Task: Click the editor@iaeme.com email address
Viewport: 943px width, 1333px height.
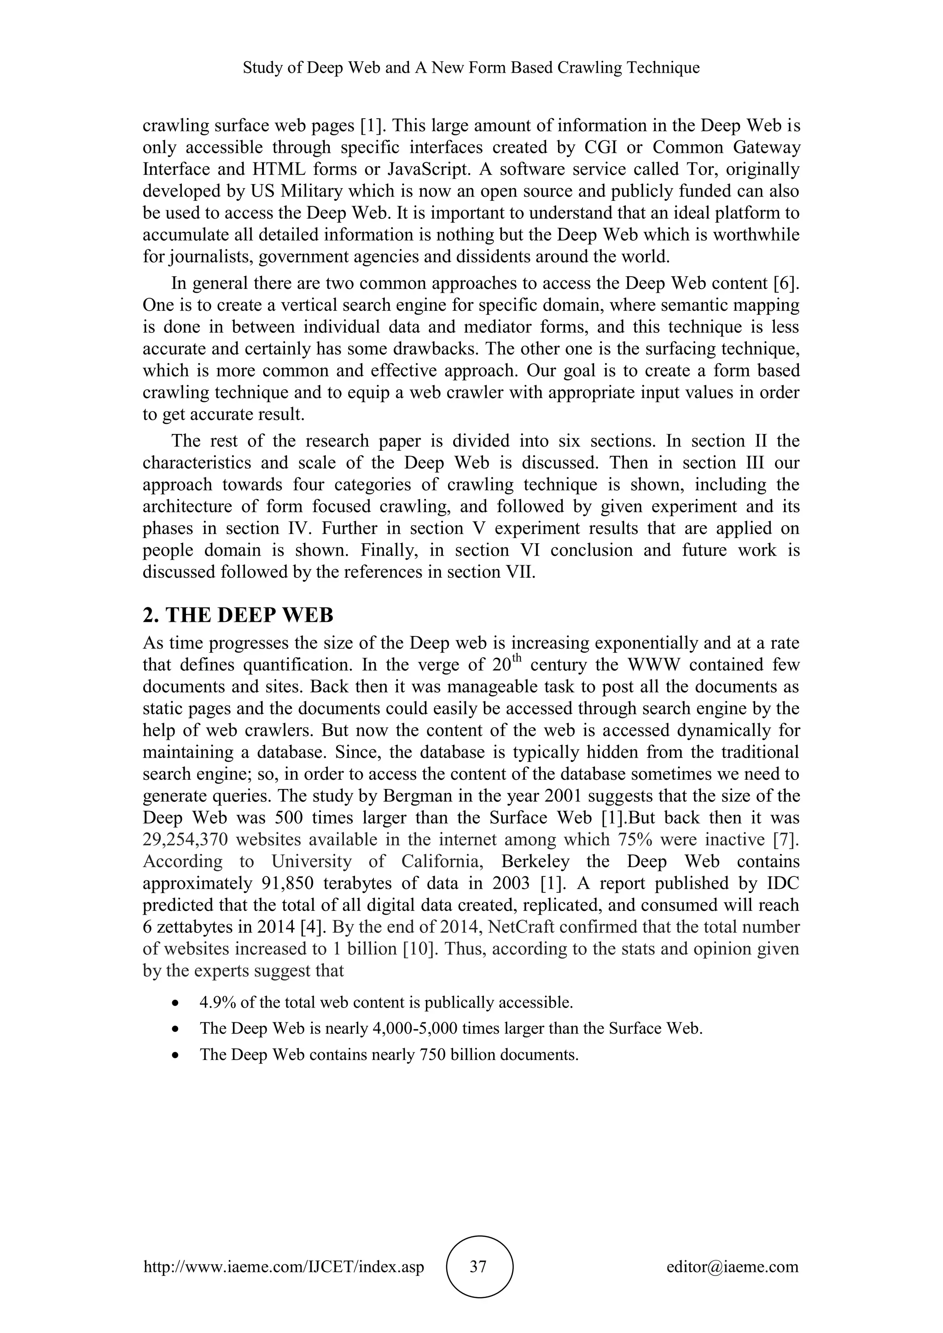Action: coord(732,1267)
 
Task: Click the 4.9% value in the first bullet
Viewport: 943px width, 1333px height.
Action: coord(216,1003)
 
